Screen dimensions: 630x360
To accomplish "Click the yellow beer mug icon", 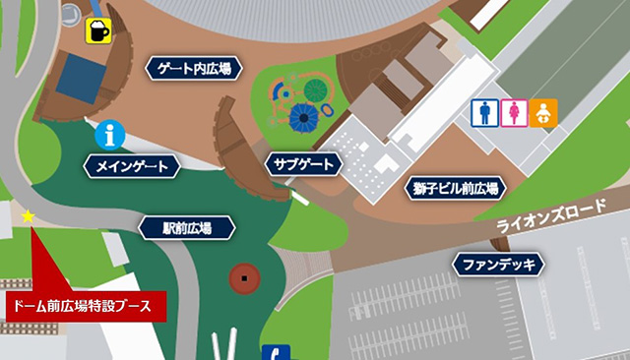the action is click(98, 30).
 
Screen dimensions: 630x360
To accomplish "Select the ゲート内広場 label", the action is click(193, 69).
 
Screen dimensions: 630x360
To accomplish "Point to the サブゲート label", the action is click(303, 163).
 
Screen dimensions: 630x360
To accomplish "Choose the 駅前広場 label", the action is click(187, 228).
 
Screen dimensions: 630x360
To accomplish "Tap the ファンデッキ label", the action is click(499, 264).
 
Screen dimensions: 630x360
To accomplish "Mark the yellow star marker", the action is click(28, 215).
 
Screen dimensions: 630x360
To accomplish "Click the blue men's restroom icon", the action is click(485, 113).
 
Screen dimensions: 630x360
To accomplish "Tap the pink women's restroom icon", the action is click(513, 113).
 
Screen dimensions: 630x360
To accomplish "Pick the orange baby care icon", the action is click(542, 113).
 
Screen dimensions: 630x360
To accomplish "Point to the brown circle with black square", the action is click(244, 280).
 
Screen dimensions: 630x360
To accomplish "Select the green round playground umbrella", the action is click(315, 90).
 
